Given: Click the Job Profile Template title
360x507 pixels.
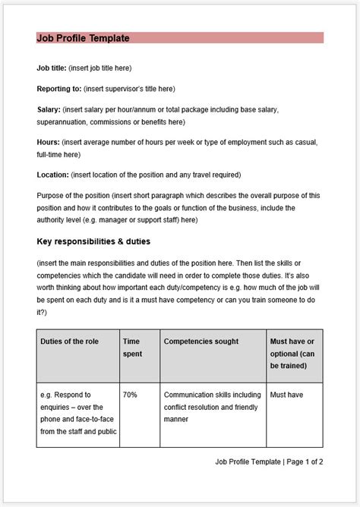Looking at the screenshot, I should (x=83, y=38).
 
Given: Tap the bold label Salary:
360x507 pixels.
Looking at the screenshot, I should (x=49, y=109).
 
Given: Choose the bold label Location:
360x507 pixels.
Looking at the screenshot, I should (x=53, y=174).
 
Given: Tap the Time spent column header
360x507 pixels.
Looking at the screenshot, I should (x=133, y=348).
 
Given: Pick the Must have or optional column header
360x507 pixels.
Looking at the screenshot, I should (x=294, y=354).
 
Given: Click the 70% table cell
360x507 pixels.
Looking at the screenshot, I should (x=131, y=395).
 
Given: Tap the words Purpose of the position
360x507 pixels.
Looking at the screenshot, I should (x=74, y=195).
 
